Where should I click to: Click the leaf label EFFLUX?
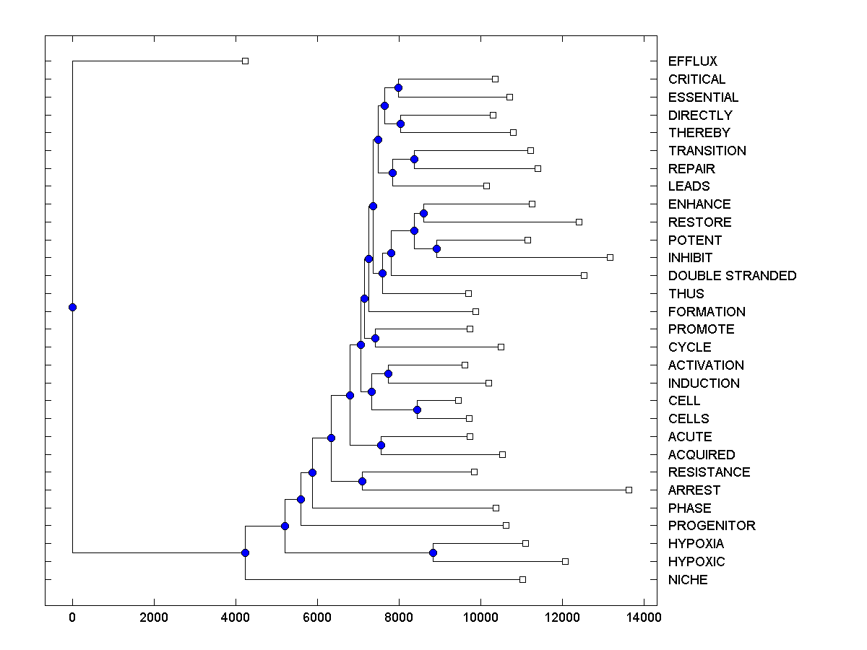692,61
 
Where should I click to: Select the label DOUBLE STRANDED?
732,276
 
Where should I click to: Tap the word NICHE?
688,580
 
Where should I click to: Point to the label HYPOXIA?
696,544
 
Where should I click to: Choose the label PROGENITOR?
712,526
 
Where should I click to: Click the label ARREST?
694,490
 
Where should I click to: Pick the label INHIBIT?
690,258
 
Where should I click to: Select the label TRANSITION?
707,151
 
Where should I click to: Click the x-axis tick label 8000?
399,617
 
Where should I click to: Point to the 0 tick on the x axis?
72,617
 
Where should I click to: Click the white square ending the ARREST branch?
629,490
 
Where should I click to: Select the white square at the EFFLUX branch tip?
245,61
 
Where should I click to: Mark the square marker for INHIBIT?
610,257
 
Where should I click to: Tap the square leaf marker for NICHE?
522,579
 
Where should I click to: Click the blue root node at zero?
72,307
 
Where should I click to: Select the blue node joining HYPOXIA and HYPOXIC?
433,552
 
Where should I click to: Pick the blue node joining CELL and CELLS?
417,409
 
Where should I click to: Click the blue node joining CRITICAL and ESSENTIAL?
398,87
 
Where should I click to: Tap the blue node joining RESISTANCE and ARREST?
362,481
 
